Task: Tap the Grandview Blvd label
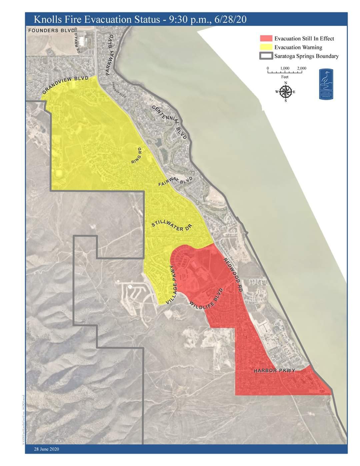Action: tap(65, 85)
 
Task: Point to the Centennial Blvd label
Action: tap(170, 122)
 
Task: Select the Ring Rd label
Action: tap(137, 155)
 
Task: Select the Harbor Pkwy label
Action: tap(274, 371)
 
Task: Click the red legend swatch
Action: tap(266, 38)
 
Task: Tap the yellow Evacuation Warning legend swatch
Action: tap(266, 47)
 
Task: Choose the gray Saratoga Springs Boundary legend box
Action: tap(266, 56)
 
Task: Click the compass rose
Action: tap(285, 91)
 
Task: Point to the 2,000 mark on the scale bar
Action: tap(302, 69)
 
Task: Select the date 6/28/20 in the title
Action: tap(231, 19)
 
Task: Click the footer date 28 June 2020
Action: tap(46, 449)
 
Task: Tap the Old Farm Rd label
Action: tap(77, 40)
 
